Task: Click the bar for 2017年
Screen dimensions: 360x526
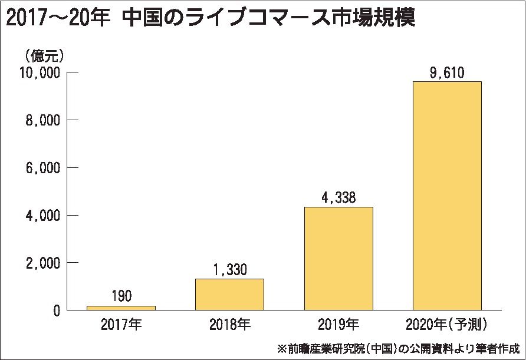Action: (121, 308)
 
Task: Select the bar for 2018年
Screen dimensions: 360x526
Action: (229, 294)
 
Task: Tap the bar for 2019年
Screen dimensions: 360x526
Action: (338, 258)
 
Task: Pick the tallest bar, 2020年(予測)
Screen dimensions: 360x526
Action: (447, 196)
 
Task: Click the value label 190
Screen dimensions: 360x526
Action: (121, 296)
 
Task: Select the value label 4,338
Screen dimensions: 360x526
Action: (338, 197)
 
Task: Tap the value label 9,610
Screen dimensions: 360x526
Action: (447, 72)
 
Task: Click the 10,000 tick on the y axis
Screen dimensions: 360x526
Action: (40, 73)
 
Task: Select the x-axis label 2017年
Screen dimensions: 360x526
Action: (121, 324)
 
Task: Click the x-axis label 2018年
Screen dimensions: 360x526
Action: (229, 324)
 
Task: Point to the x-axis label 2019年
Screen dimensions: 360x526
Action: (338, 324)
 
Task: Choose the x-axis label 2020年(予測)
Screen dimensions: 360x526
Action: (447, 324)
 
